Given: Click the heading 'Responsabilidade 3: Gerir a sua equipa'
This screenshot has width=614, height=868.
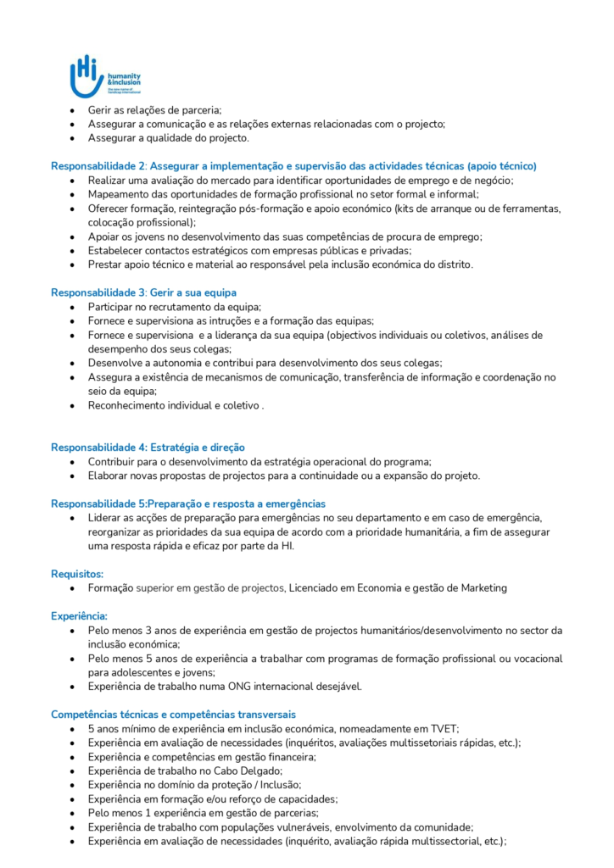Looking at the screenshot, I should [143, 292].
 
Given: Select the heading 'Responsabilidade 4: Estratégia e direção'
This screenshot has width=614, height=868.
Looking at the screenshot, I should [148, 447].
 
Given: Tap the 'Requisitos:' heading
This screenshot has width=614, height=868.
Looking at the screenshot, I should [77, 574].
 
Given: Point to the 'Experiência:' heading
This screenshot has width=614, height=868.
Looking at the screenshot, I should [79, 616].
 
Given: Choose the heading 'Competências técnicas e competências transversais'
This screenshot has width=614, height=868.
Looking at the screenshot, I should [173, 715].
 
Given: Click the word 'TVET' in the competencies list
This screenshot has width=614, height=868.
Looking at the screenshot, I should [444, 729].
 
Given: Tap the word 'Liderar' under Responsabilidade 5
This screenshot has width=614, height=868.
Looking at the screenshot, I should [106, 517].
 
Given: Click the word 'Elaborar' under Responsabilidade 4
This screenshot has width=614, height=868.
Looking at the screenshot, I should [110, 476].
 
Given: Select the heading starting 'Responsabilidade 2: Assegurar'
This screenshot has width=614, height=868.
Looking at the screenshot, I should [293, 166].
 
